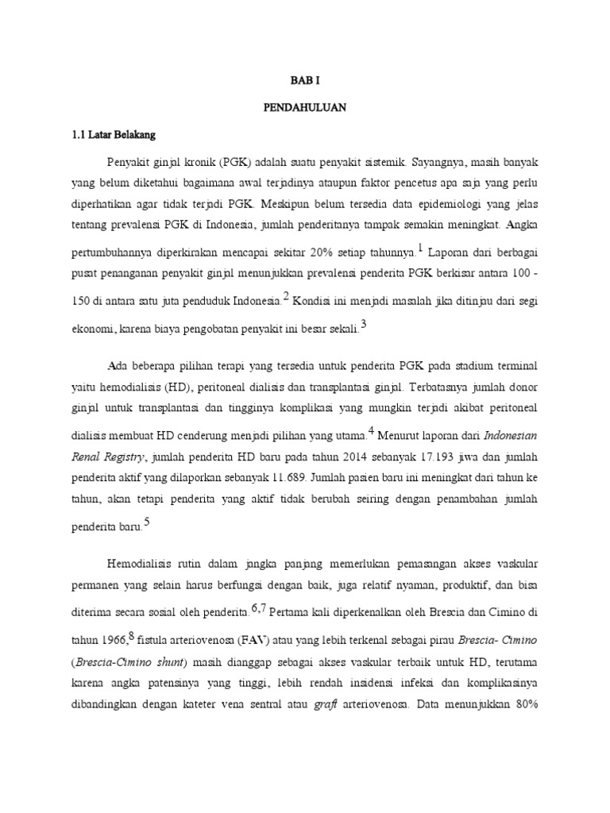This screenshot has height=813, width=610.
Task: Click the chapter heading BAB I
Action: click(x=304, y=80)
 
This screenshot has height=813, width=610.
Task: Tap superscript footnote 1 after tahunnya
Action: click(x=420, y=248)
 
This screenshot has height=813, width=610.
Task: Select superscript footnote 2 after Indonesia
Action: click(x=285, y=296)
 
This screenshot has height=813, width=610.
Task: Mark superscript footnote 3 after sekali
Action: click(x=363, y=324)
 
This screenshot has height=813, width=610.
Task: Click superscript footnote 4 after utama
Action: click(x=369, y=431)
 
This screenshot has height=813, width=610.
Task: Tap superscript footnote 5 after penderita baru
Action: click(x=145, y=522)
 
